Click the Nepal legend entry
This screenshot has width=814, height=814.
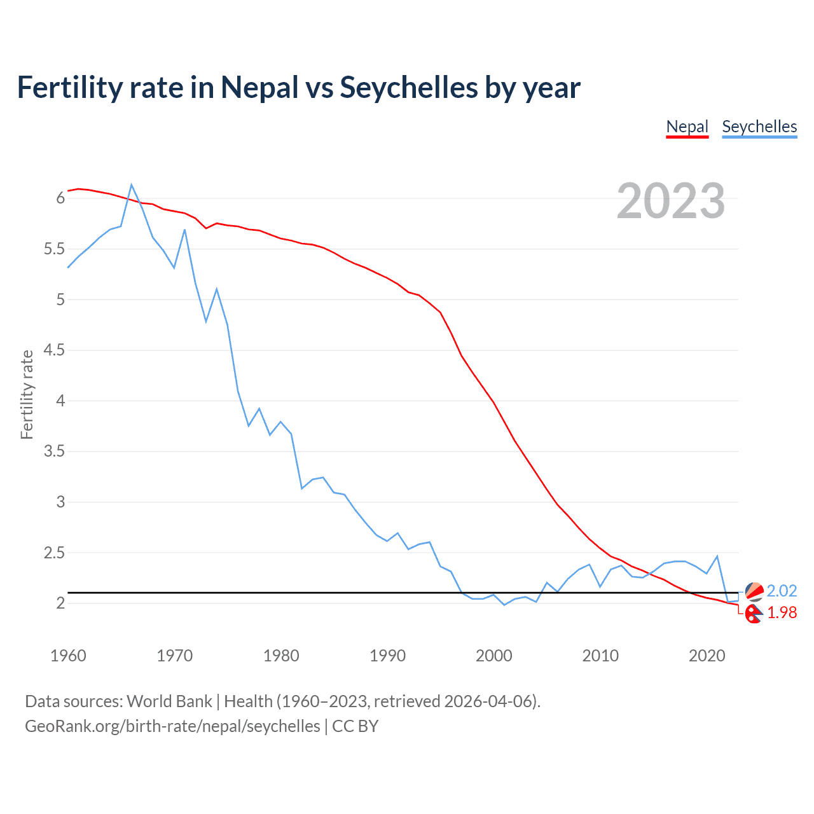[687, 127]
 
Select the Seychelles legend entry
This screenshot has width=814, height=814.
[759, 127]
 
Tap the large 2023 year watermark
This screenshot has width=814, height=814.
[671, 201]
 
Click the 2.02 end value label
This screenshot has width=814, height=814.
[782, 591]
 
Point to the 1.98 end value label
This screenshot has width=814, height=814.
[782, 612]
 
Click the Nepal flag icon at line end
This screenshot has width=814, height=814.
[754, 614]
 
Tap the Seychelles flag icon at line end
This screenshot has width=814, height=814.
[754, 591]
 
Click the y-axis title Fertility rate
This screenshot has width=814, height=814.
[27, 394]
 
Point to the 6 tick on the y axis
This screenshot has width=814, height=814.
[60, 198]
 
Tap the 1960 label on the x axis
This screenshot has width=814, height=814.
[68, 656]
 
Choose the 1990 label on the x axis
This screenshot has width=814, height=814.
[387, 656]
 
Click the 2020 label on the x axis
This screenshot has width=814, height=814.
[707, 656]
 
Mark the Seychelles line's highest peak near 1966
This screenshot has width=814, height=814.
[132, 185]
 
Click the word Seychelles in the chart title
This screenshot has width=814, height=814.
[409, 88]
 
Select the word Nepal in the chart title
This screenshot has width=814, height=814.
[259, 88]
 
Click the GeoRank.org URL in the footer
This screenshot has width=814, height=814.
[172, 726]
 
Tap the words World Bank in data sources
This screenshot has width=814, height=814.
[169, 701]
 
